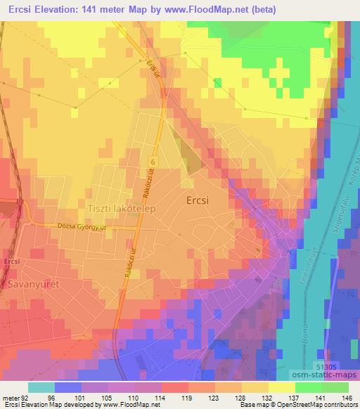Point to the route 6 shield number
[152, 162]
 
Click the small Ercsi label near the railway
[11, 261]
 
